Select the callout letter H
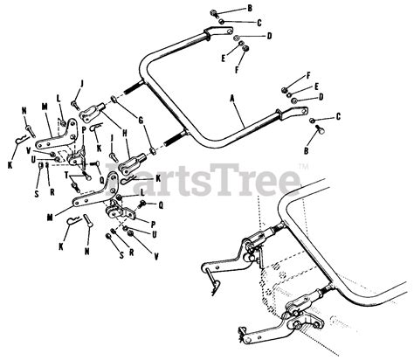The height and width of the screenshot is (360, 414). tap(126, 133)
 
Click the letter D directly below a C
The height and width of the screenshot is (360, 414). tap(270, 37)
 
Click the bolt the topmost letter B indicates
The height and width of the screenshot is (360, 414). tap(215, 12)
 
